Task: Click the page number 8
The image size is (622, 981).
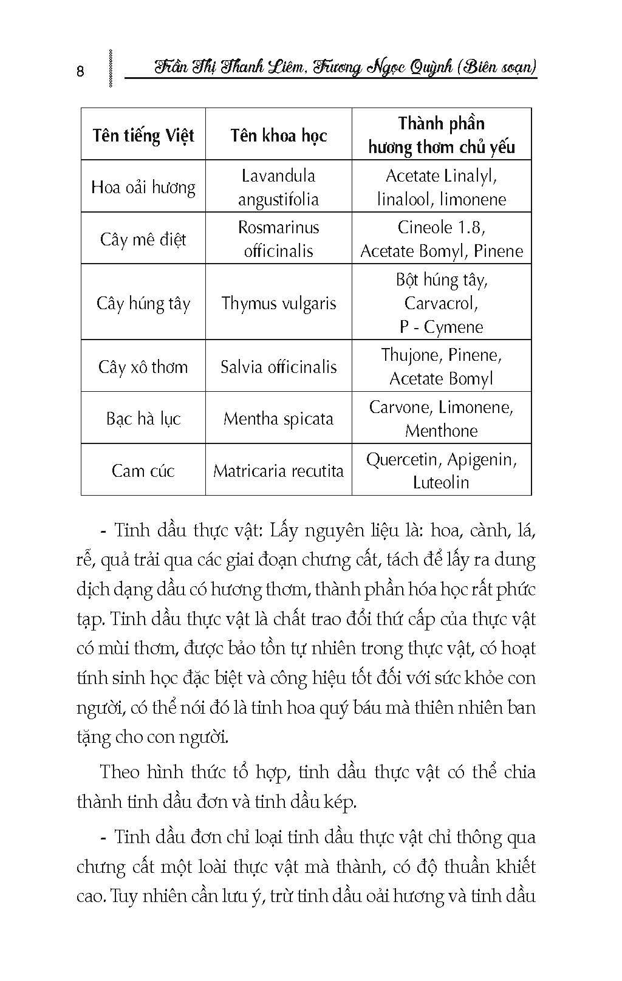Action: coord(81,71)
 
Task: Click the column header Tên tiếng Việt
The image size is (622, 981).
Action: coord(143,135)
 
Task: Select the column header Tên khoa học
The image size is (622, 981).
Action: coord(278,135)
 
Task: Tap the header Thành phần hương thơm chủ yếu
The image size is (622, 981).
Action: coord(442,135)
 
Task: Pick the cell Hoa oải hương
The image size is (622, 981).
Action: coord(143,187)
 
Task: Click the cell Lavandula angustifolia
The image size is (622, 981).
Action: coord(278,187)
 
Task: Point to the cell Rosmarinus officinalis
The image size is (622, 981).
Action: coord(278,239)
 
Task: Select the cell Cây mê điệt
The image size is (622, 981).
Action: coord(143,239)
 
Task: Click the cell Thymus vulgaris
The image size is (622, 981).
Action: coord(278,303)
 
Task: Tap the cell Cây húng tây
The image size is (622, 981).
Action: coord(143,303)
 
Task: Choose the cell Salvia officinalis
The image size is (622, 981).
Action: coord(278,367)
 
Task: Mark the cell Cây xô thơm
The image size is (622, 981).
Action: coord(143,367)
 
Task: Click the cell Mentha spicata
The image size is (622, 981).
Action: coord(278,419)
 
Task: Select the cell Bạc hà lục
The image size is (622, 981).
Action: coord(143,419)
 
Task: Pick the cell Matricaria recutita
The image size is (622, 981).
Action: coord(278,471)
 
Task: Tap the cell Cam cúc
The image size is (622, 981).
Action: coord(143,471)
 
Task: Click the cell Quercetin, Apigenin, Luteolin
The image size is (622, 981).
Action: coord(442,471)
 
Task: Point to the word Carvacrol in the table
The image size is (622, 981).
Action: coord(442,303)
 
